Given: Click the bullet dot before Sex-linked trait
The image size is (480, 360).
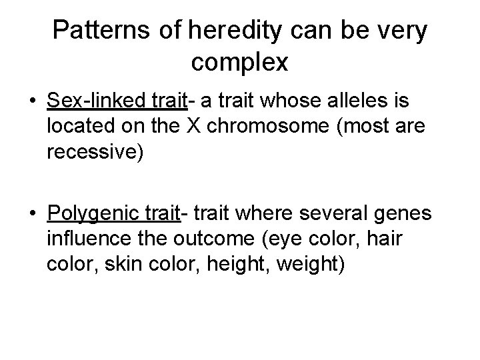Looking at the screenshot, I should point(32,103).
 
